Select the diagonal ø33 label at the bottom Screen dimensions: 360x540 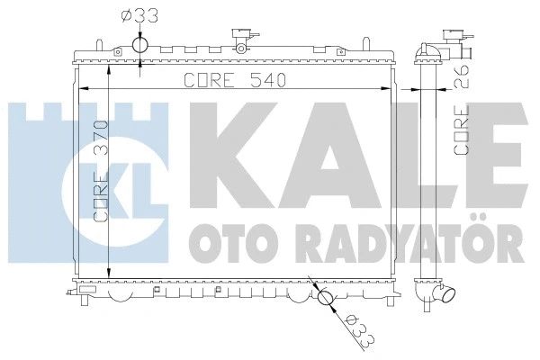pyautogui.click(x=351, y=330)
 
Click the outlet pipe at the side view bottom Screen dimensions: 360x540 pyautogui.click(x=446, y=294)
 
